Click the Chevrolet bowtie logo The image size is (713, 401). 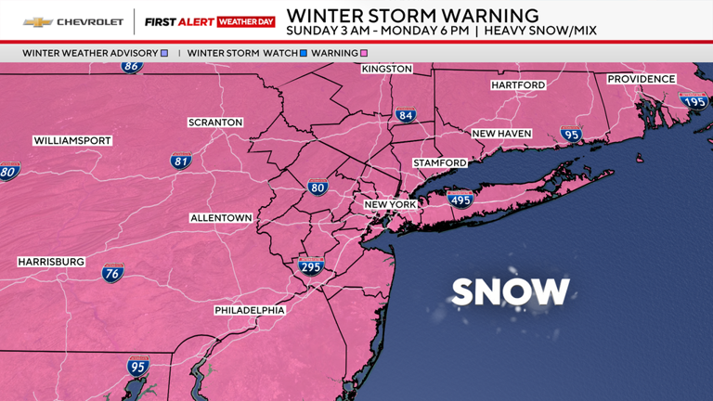(x=37, y=21)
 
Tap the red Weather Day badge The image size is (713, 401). (x=246, y=21)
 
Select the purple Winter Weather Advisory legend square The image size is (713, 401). (x=164, y=54)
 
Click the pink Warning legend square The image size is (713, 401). (x=364, y=54)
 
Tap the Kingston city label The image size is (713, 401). (x=387, y=70)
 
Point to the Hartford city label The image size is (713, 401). (x=518, y=85)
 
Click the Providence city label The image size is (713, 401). (x=642, y=80)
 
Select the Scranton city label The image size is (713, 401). (x=215, y=123)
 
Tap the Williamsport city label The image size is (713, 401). (x=72, y=141)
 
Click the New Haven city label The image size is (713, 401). (x=501, y=135)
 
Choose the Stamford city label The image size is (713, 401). (x=440, y=163)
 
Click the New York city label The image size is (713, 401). (x=390, y=204)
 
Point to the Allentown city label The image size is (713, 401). (x=221, y=218)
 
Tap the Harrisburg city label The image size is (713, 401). (x=51, y=263)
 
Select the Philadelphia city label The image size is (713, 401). (x=250, y=310)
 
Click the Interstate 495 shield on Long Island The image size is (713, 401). (x=460, y=200)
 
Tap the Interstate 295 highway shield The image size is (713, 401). (x=311, y=266)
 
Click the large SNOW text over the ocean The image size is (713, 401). (x=511, y=292)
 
